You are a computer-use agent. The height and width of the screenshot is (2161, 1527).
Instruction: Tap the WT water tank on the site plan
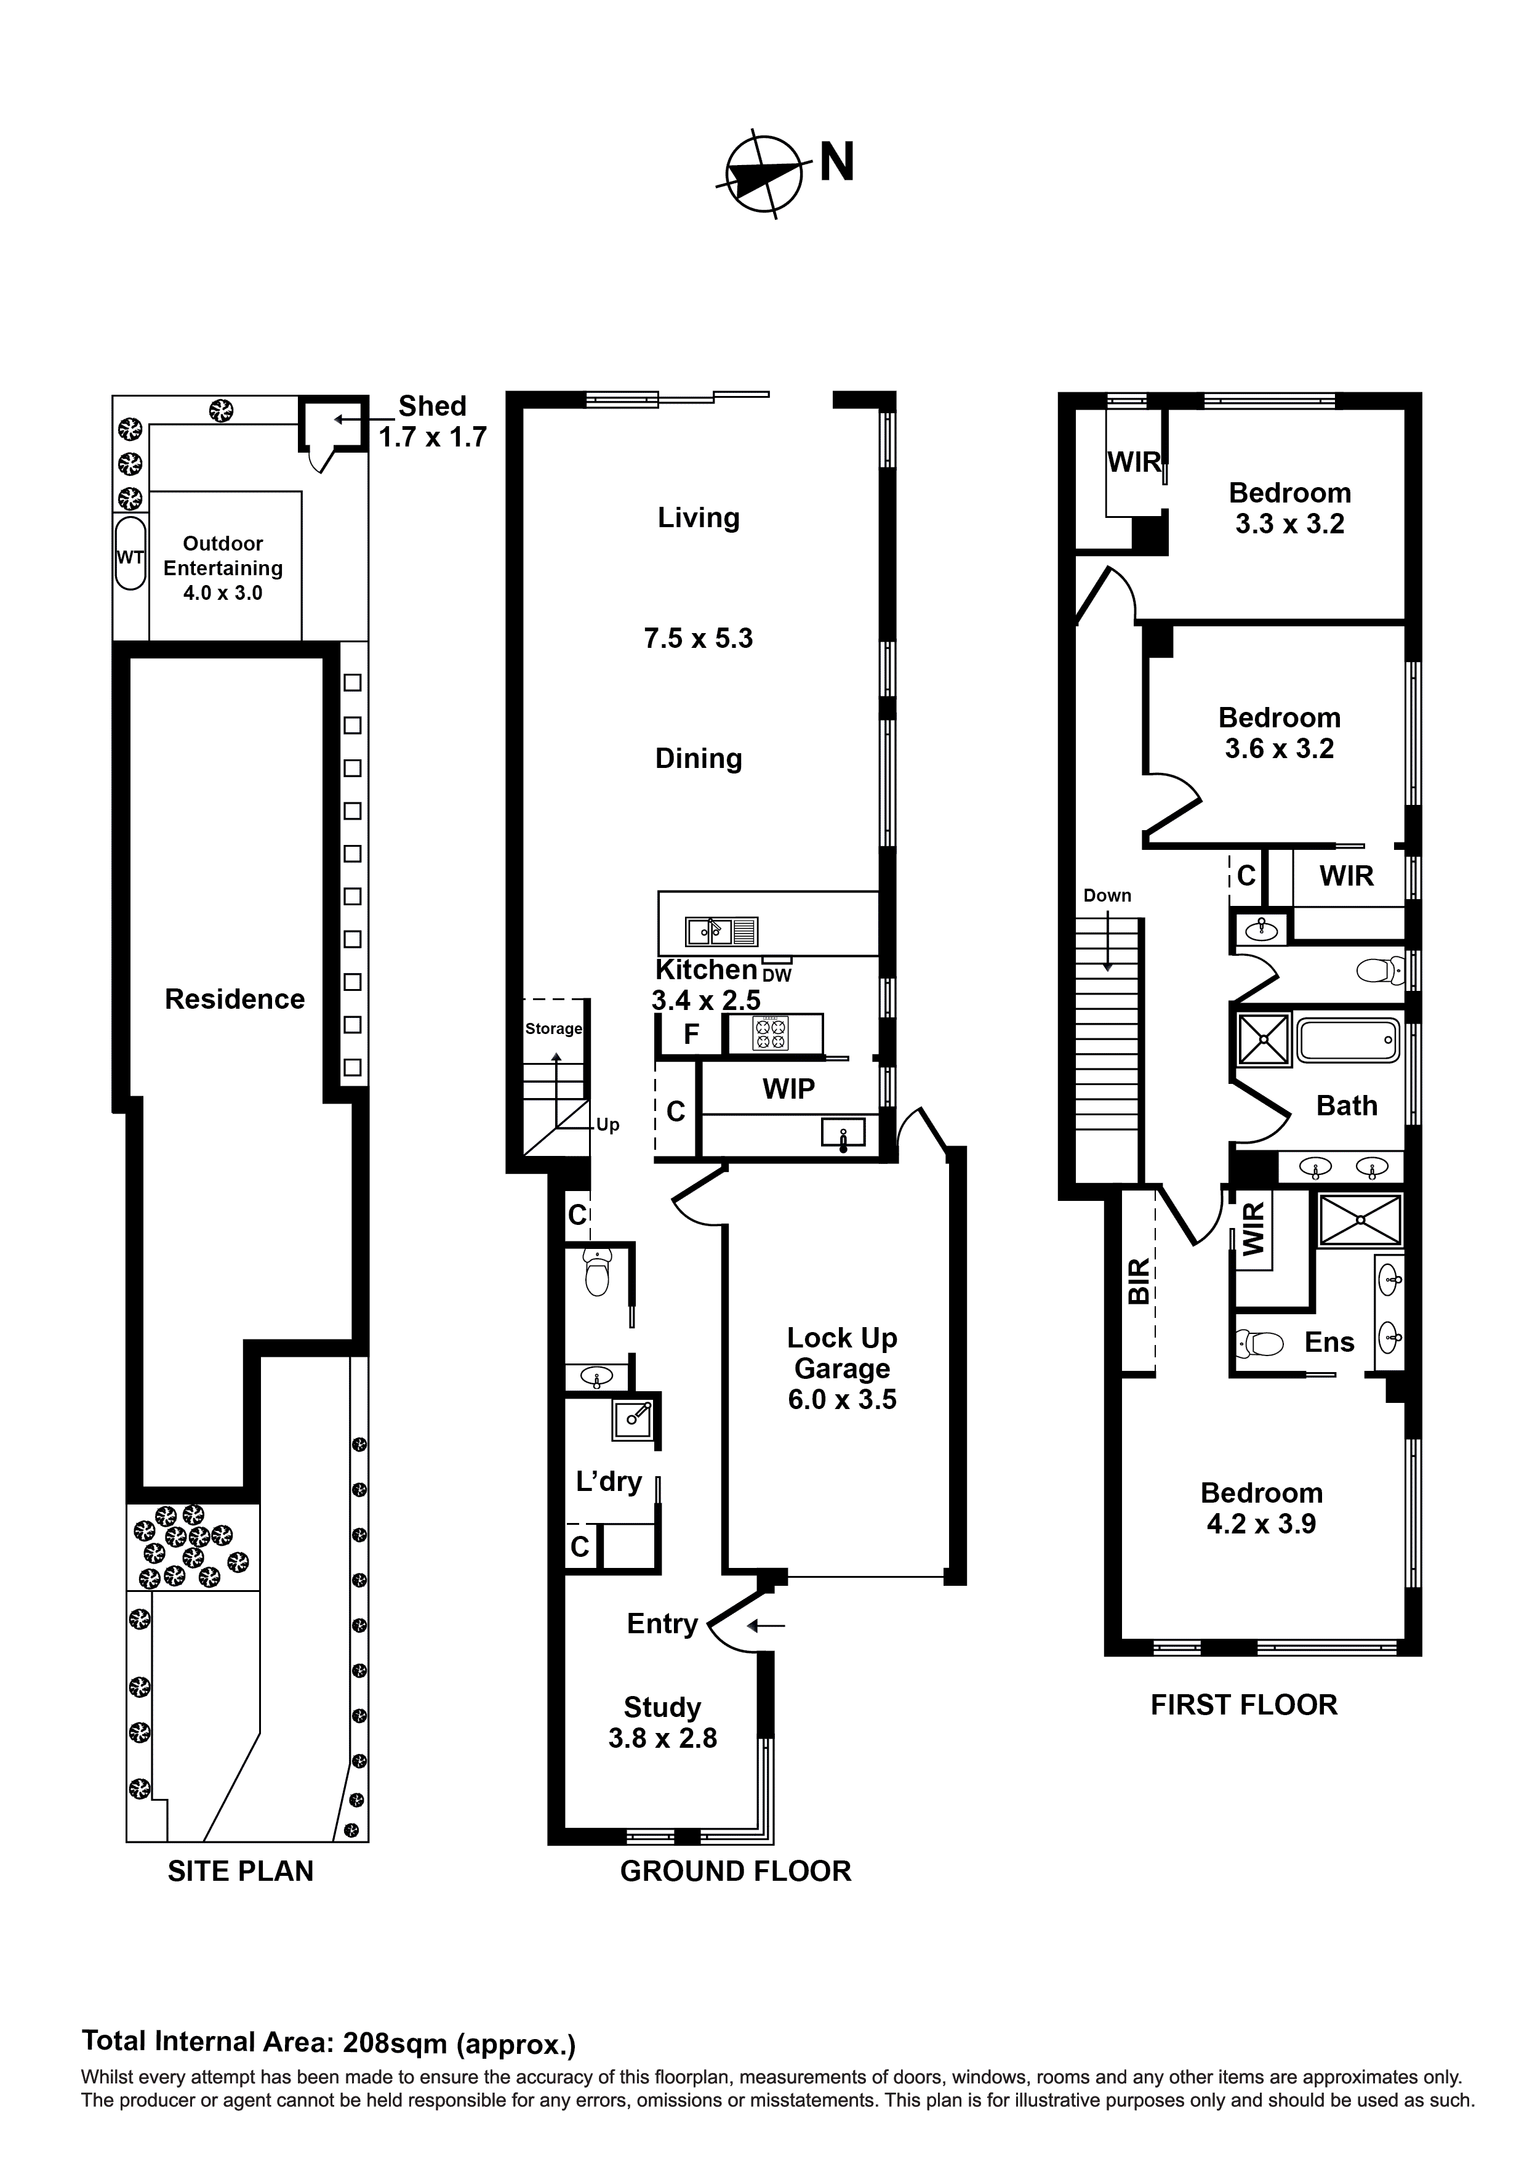130,554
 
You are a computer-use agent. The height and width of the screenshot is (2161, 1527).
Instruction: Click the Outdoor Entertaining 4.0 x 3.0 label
223,568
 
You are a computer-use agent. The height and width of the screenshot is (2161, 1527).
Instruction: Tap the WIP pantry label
788,1089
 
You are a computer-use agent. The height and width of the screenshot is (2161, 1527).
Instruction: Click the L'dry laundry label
608,1482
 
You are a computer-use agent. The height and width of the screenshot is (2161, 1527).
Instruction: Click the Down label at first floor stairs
1107,895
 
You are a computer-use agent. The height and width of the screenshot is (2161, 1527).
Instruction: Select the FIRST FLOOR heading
1243,1705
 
